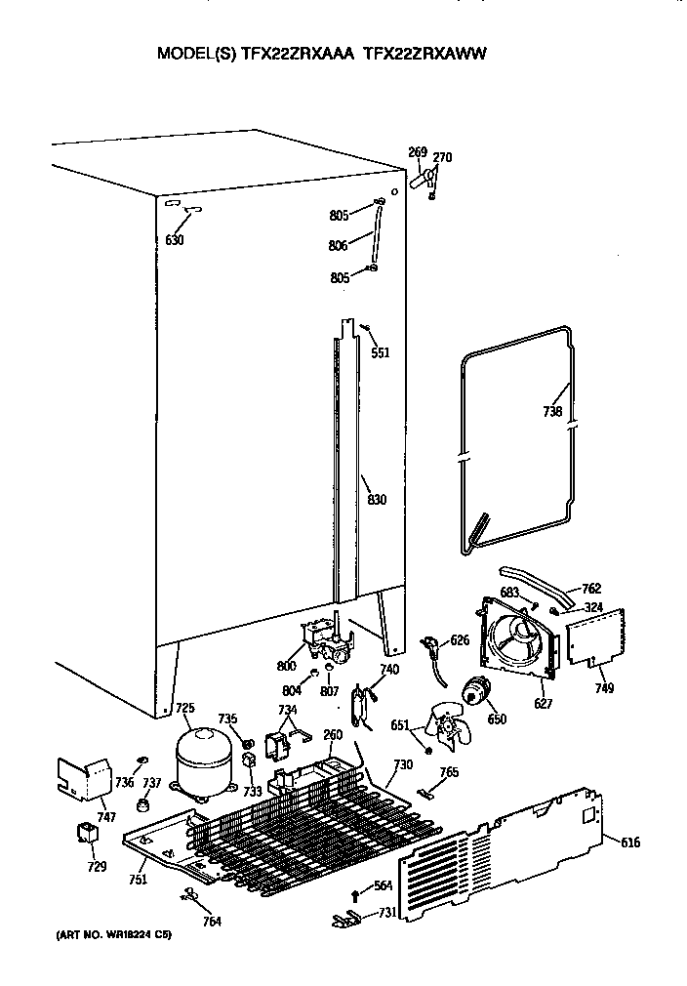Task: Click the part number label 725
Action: point(184,708)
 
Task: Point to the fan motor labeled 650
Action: point(475,692)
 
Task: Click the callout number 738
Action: point(552,412)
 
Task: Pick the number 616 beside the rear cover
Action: point(629,842)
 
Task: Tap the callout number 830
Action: point(377,501)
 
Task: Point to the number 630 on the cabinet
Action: point(174,240)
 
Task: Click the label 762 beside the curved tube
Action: point(590,589)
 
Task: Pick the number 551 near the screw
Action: point(380,352)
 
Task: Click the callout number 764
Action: point(211,922)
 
